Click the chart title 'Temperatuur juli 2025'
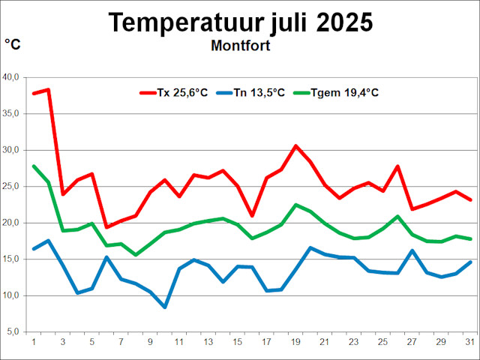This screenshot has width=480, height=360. click(x=240, y=22)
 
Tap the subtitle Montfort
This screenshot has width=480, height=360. click(x=240, y=46)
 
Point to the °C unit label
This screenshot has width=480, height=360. click(x=13, y=45)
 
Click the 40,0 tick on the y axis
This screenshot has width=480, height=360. click(x=13, y=77)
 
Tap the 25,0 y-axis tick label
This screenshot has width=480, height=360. click(x=13, y=186)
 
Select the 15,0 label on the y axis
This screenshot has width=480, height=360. click(x=13, y=259)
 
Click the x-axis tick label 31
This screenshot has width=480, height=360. click(x=469, y=342)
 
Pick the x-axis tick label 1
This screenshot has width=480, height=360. click(x=34, y=342)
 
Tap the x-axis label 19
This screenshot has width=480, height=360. click(x=295, y=342)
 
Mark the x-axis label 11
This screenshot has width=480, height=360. click(x=179, y=342)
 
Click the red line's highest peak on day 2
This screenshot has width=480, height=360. click(x=48, y=90)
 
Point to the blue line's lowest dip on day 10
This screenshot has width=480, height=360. click(x=164, y=307)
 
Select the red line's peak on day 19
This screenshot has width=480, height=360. click(x=295, y=145)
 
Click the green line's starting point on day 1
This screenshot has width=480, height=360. click(x=34, y=166)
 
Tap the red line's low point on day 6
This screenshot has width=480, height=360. click(x=106, y=226)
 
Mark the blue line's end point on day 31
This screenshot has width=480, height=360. click(x=469, y=262)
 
